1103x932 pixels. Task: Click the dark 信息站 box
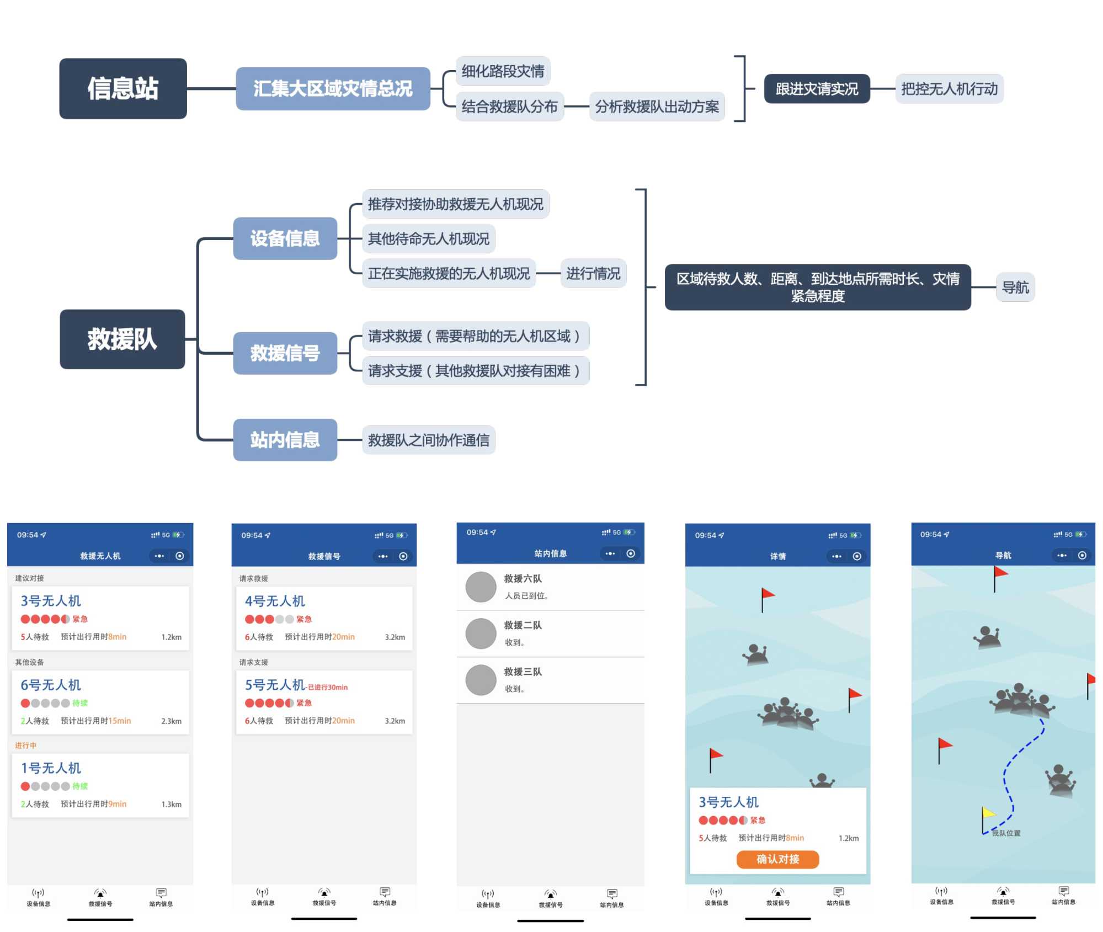122,88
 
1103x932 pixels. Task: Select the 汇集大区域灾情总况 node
333,88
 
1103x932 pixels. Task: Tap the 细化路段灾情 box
503,71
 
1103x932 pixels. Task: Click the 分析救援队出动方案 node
657,106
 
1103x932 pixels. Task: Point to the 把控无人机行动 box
949,89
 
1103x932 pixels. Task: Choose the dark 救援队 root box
122,339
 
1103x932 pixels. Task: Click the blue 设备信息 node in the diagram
285,238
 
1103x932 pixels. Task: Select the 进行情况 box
593,273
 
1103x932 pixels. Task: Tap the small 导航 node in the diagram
1015,287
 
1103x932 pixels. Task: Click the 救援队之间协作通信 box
428,440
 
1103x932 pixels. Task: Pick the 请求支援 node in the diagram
475,370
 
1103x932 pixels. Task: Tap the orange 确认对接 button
777,859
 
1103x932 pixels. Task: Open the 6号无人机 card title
51,685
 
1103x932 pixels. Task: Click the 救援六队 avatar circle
481,587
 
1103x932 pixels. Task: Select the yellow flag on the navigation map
988,813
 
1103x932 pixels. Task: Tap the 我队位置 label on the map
1006,833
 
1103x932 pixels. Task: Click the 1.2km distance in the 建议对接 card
171,637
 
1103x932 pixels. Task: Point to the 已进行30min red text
328,687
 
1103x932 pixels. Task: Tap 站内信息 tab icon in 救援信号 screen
385,892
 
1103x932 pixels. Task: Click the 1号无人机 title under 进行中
51,768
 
